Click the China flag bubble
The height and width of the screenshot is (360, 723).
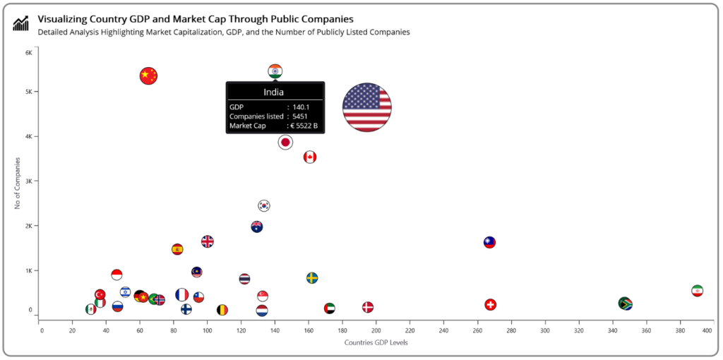148,75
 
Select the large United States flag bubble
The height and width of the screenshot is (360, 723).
366,107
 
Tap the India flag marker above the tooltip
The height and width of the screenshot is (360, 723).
275,71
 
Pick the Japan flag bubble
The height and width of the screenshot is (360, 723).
285,142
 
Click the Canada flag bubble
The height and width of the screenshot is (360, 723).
309,157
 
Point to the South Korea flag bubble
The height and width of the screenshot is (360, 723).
264,205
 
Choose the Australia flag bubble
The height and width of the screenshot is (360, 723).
257,227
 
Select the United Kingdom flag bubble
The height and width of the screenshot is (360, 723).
207,241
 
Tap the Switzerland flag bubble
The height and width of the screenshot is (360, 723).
491,304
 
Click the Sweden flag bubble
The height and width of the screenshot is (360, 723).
312,277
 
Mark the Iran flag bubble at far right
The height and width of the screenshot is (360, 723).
698,291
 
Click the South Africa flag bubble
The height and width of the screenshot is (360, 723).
625,304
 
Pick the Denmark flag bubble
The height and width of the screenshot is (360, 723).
368,307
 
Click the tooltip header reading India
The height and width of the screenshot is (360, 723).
274,92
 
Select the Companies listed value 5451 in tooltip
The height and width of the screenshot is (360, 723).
301,116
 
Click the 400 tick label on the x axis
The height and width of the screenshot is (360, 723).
707,330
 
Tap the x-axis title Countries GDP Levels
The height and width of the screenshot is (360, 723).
376,342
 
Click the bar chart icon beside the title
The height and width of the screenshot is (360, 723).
21,23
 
